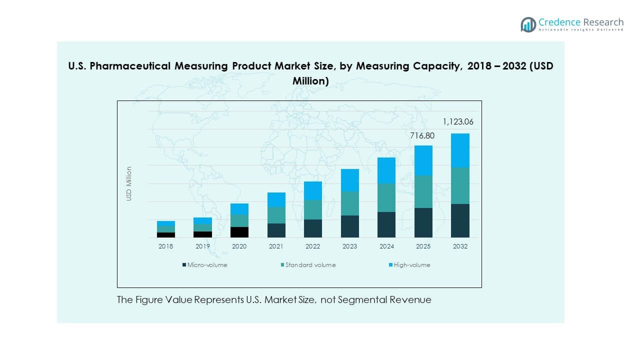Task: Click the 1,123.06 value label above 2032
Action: (458, 121)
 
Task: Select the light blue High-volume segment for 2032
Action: (460, 150)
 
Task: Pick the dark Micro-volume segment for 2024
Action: (386, 224)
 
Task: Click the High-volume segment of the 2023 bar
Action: (350, 180)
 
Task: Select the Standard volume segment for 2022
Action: (313, 209)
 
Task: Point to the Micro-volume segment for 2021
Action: (276, 230)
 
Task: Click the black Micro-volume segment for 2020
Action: (239, 232)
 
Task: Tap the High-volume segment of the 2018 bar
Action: (166, 223)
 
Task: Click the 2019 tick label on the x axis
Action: (202, 246)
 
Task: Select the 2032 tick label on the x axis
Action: (460, 246)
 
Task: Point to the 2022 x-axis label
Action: (313, 246)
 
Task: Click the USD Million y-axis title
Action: (129, 183)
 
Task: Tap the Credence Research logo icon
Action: (528, 24)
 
